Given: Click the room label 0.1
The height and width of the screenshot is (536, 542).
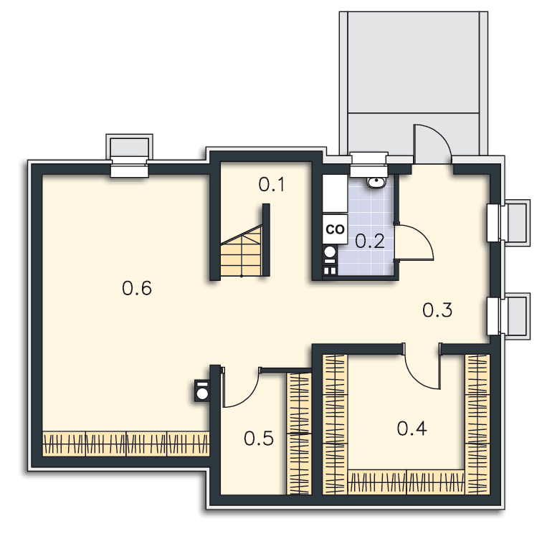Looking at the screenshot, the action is [x=271, y=185].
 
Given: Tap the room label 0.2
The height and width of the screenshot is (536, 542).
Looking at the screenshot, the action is [x=369, y=241].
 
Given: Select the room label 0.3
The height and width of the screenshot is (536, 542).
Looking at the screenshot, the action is [x=437, y=310].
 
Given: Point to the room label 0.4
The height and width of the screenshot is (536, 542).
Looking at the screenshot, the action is [x=412, y=429].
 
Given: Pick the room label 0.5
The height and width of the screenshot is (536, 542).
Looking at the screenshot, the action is [x=259, y=439].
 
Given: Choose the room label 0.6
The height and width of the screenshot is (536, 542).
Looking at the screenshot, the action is [x=137, y=288].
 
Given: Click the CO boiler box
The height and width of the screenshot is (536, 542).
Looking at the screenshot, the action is [x=335, y=229].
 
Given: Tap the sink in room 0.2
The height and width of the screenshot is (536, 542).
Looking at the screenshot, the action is [x=376, y=182].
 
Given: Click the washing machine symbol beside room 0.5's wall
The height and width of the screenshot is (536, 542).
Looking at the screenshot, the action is [x=202, y=391].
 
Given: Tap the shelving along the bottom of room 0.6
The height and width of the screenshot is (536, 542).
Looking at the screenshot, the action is [x=126, y=444].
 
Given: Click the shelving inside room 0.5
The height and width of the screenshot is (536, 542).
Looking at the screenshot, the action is [x=299, y=434].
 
